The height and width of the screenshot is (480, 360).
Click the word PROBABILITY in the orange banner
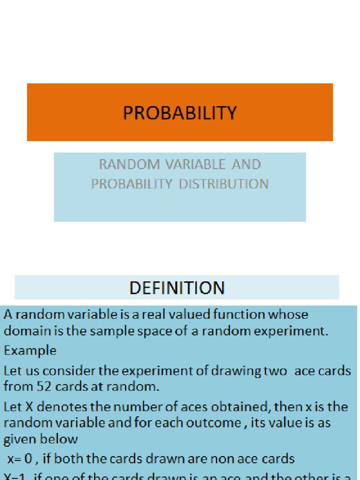[x=180, y=113]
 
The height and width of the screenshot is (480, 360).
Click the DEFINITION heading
[x=177, y=287]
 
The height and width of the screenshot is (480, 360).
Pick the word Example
[x=30, y=350]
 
